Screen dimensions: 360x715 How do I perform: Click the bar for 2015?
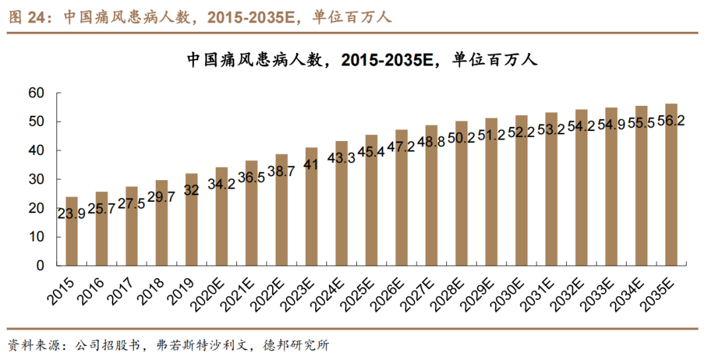71,232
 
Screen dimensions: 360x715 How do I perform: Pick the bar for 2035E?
671,185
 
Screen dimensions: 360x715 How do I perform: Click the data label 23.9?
71,213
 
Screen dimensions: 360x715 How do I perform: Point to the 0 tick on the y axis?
40,266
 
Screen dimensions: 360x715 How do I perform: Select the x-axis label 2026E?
391,292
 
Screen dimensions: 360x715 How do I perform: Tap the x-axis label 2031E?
540,292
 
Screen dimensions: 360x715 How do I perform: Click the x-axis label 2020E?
211,292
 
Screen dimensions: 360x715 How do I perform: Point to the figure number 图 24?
25,18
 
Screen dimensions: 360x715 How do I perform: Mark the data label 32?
191,190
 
